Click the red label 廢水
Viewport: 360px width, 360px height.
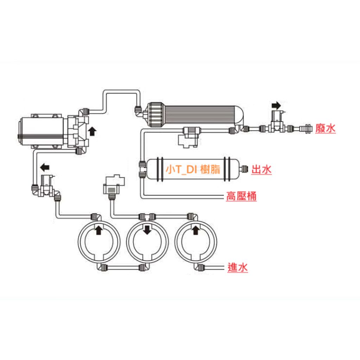[325, 128]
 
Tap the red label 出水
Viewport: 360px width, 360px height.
[262, 170]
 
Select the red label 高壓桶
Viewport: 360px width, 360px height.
[241, 196]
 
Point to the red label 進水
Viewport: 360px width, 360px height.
[238, 268]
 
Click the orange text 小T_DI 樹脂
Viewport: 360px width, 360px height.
[193, 169]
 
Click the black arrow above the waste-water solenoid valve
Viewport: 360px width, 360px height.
[276, 105]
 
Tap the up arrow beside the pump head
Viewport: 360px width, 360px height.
[92, 131]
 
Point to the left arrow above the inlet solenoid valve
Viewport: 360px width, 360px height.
[45, 167]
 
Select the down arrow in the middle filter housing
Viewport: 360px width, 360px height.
[147, 230]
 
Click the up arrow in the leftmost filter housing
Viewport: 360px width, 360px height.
[99, 230]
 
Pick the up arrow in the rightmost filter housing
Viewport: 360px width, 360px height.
[195, 230]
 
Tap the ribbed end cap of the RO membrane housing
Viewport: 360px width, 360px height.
[156, 115]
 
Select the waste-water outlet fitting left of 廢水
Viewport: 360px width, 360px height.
[306, 128]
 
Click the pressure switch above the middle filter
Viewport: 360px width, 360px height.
[114, 184]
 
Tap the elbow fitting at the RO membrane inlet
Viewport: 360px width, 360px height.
[139, 110]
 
